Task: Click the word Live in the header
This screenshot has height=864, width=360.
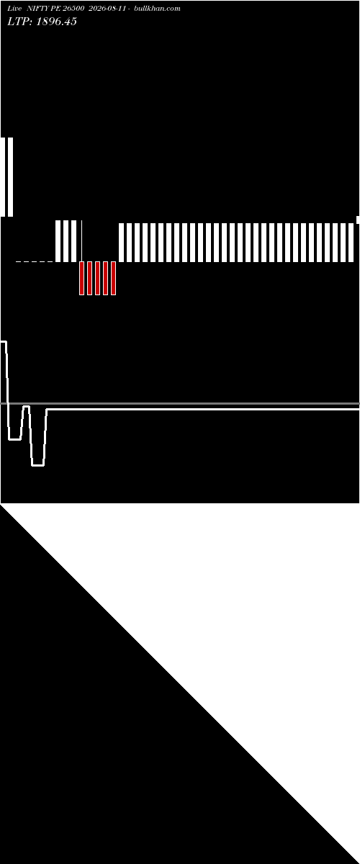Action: pos(14,9)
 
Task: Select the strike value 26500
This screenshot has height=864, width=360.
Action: pos(73,9)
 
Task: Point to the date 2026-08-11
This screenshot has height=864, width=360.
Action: pos(107,9)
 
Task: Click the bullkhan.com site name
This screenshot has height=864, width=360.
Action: pos(157,9)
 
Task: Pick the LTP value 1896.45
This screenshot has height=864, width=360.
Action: pos(56,22)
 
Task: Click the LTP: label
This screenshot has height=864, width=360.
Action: pos(19,22)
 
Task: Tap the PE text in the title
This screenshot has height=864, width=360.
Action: pos(55,9)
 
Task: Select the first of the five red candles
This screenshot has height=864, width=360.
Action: pos(81,278)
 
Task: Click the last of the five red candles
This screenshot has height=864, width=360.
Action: pos(114,278)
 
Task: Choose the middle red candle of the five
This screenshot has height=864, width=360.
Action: pos(98,278)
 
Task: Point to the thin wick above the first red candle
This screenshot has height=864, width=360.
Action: pos(82,240)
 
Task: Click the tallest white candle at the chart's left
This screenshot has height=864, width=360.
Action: pos(10,177)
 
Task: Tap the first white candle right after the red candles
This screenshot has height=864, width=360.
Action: pos(121,243)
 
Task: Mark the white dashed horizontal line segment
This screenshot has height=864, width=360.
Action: pos(35,262)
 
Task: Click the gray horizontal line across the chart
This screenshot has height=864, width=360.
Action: pos(180,403)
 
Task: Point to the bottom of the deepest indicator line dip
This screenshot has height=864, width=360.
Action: pos(38,465)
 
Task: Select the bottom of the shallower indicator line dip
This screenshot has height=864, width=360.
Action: pos(14,439)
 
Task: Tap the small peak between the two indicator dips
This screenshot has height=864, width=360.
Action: pos(26,407)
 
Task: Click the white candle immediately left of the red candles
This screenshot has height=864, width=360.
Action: pos(73,241)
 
